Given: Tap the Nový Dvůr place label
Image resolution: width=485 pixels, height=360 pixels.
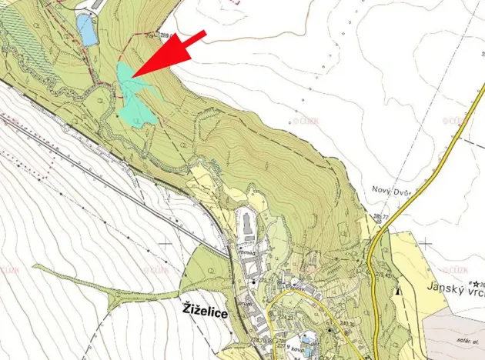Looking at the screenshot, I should coord(391,192).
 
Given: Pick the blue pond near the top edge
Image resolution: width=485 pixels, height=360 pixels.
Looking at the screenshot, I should coord(86,30).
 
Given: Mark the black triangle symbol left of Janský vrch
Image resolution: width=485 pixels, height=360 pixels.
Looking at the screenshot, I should coord(397,292).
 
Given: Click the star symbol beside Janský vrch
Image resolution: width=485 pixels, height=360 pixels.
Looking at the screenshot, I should coord(477,283).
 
